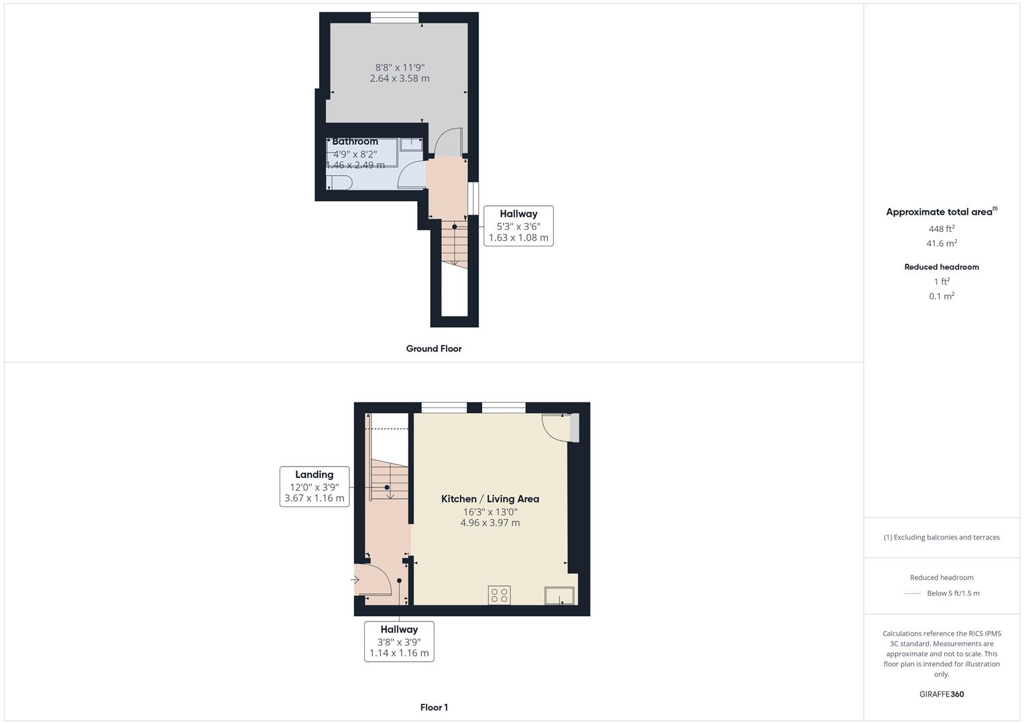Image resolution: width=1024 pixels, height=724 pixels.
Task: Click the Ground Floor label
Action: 434,349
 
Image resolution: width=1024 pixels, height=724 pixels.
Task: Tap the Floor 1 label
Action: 434,707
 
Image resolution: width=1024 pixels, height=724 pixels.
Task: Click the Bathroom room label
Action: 355,141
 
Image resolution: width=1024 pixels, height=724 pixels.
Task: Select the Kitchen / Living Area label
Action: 490,499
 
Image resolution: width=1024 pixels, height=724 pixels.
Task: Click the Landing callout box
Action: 315,486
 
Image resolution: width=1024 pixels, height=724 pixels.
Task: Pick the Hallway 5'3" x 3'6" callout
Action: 518,226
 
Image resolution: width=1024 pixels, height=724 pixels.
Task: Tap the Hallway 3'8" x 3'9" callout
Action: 399,642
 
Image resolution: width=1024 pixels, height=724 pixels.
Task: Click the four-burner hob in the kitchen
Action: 499,595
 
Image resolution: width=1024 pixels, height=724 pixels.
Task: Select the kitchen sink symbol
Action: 559,595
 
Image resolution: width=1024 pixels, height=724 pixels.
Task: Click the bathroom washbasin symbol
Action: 411,144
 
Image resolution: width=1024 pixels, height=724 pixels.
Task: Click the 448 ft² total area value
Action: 942,229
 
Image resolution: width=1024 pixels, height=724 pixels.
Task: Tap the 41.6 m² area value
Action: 942,243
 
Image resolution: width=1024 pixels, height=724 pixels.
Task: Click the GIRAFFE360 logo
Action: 942,694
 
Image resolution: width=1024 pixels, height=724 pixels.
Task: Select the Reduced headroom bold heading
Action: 942,267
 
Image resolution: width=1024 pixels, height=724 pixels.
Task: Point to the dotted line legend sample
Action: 913,593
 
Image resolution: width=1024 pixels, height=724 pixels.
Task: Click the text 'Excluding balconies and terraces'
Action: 947,537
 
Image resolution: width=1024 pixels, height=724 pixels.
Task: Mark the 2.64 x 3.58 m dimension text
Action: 400,78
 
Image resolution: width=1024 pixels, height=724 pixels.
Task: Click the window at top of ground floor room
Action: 394,17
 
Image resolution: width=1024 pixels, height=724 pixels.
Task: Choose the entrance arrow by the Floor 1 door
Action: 355,580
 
